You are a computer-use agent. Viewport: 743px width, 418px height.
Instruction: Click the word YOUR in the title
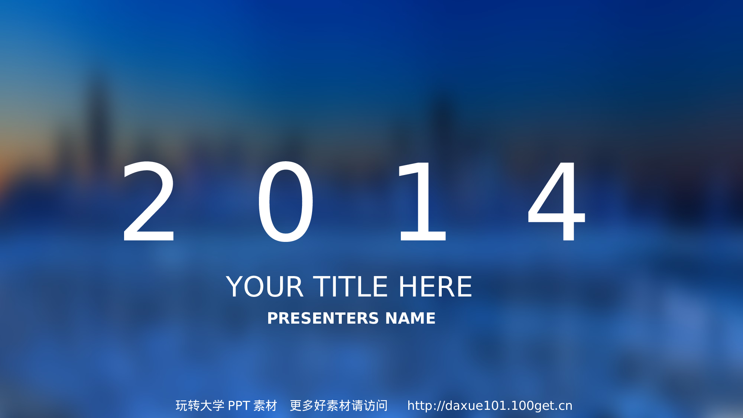(x=265, y=286)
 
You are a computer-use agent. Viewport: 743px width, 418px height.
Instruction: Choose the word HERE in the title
(x=435, y=286)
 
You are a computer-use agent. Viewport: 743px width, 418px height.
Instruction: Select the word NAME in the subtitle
(x=411, y=318)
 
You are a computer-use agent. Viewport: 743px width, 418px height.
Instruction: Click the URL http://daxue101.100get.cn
(x=490, y=406)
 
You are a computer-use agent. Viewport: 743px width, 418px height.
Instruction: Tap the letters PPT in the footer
(x=239, y=406)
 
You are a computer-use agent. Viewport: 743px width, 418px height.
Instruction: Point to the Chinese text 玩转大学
(x=200, y=406)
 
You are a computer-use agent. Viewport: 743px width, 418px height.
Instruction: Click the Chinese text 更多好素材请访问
(x=339, y=406)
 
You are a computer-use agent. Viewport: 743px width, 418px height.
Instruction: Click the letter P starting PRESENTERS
(x=273, y=318)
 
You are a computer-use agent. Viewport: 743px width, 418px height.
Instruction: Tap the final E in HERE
(x=464, y=286)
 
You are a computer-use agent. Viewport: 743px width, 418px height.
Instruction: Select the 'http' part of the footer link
(x=421, y=406)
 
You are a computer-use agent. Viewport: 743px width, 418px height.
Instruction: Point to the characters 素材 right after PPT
(x=265, y=406)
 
